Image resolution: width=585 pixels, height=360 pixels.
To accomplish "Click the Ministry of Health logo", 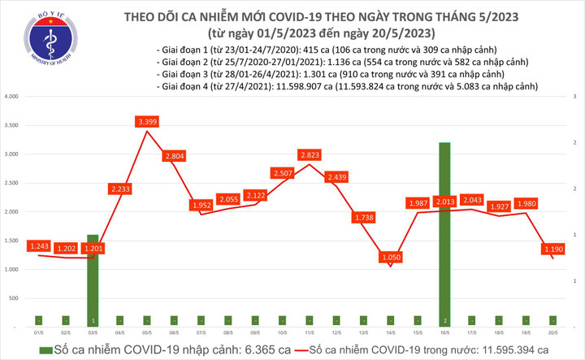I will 32,31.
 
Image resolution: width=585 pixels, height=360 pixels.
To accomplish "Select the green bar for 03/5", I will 93,280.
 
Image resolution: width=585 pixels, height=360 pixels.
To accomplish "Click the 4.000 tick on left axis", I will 11,97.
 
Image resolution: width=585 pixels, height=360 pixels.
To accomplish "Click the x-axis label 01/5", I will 39,333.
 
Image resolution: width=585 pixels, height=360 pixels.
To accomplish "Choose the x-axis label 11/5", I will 310,333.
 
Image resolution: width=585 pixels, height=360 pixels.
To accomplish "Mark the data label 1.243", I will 39,246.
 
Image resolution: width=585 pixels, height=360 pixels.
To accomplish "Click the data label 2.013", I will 444,202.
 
